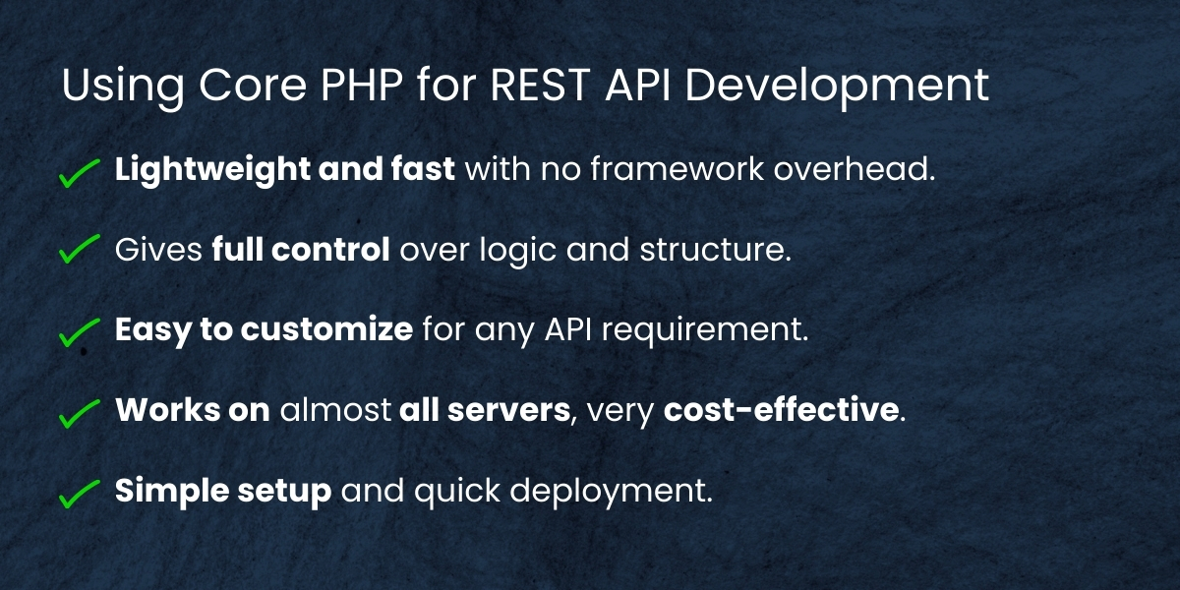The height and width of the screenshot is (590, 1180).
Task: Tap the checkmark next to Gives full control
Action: (x=79, y=251)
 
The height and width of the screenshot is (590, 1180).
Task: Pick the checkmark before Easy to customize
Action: (x=79, y=331)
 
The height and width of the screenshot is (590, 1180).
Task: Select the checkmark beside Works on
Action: (x=79, y=412)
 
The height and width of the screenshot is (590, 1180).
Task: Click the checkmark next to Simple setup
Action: (x=79, y=493)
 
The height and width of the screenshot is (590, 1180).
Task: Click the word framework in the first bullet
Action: (x=659, y=169)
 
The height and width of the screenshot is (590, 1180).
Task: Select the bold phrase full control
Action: (x=300, y=250)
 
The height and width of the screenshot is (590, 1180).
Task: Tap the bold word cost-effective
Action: (x=782, y=410)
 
